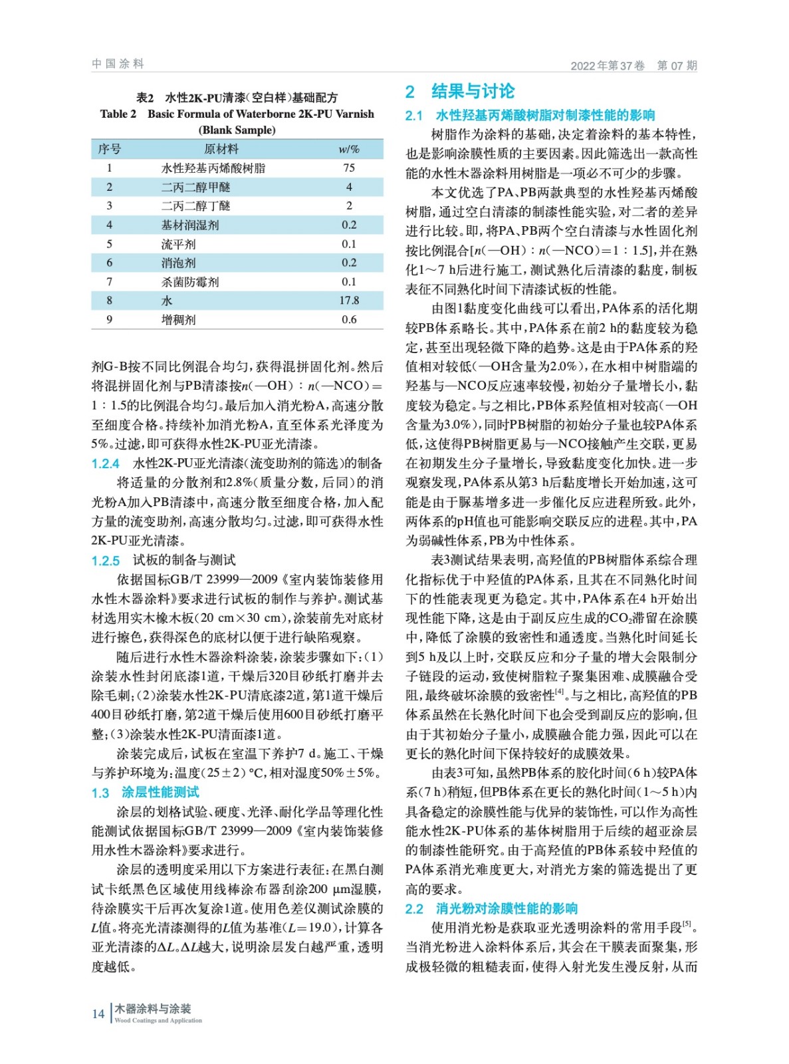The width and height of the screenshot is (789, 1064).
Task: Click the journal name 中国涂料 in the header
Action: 118,64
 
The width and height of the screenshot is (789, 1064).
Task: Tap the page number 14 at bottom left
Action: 98,1013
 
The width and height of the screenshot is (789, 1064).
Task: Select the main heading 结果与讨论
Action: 473,91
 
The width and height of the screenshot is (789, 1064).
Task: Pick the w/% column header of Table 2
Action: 349,149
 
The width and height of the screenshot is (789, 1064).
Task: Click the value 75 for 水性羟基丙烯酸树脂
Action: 349,168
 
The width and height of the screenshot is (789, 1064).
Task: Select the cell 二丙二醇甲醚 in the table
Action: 195,187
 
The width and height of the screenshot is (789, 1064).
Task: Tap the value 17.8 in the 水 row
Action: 349,301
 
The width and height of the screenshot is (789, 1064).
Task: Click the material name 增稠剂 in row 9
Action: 178,320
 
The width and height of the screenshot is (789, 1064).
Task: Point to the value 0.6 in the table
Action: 349,320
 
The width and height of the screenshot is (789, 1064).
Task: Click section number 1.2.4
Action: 106,464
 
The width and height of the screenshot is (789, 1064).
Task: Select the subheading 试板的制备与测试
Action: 184,560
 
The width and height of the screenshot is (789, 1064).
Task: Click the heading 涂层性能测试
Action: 160,792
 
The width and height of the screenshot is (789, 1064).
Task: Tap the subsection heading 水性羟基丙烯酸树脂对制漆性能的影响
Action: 545,115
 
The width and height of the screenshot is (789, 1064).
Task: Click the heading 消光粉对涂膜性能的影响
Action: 507,908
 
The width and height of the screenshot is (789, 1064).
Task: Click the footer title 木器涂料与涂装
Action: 153,1008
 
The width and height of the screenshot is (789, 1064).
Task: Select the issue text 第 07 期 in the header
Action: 677,65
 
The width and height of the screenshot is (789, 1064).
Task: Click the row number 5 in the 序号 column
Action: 110,244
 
